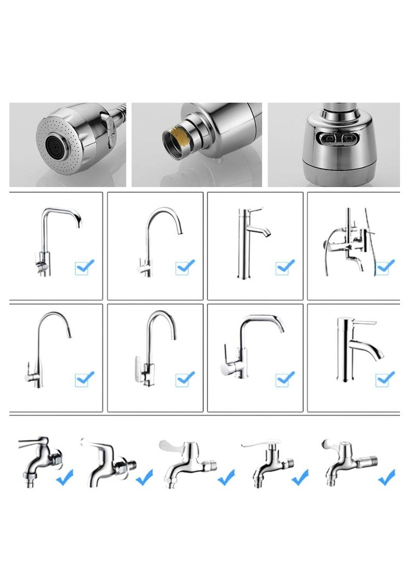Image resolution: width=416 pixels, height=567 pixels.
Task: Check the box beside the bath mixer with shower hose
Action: pos(385,267)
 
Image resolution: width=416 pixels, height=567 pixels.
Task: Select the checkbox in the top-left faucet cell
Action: pos(84,267)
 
